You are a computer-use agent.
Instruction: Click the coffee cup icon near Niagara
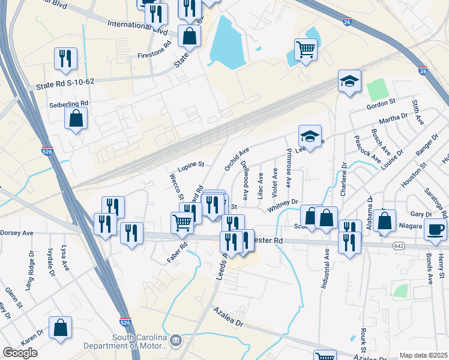(435, 229)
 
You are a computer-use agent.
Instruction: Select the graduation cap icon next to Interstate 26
(349, 81)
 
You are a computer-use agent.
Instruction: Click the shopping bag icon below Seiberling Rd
(76, 118)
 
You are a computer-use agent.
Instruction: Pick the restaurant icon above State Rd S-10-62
(64, 59)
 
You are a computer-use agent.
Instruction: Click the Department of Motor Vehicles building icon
(175, 341)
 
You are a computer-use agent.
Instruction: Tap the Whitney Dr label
(283, 205)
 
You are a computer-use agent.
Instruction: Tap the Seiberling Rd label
(68, 103)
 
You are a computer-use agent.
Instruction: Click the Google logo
(20, 353)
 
